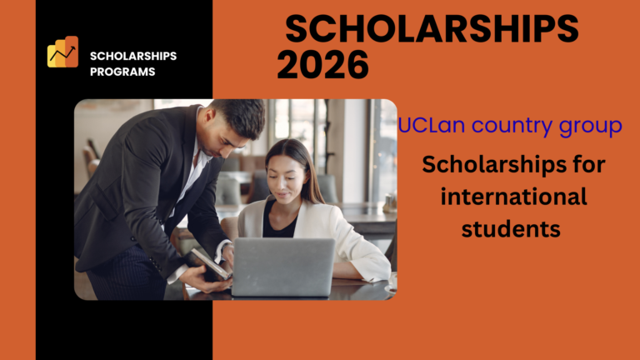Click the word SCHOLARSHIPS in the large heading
click(x=432, y=31)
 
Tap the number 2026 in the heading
click(x=322, y=66)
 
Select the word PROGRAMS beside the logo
click(x=122, y=72)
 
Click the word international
click(x=512, y=197)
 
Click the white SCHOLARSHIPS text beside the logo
click(x=133, y=56)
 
